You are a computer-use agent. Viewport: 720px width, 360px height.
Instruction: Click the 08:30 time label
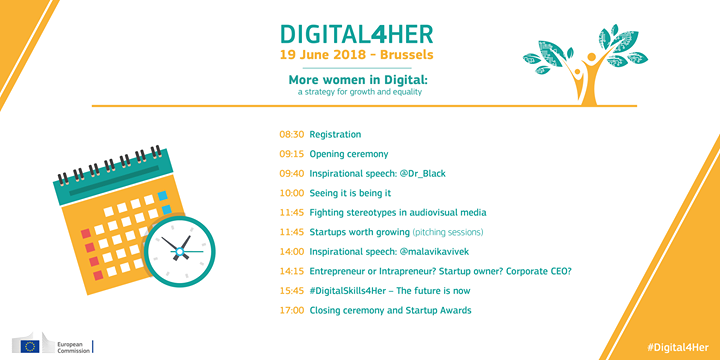point(291,134)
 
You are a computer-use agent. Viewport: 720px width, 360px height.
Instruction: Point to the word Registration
point(335,134)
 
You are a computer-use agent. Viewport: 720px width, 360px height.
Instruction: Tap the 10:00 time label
point(291,193)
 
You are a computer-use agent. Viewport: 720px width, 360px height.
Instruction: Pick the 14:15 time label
point(291,271)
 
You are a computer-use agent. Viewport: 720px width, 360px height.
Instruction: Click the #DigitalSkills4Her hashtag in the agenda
point(357,291)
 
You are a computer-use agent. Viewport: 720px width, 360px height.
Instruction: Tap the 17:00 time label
point(291,311)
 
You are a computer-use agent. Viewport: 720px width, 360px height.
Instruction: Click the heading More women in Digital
point(359,81)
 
